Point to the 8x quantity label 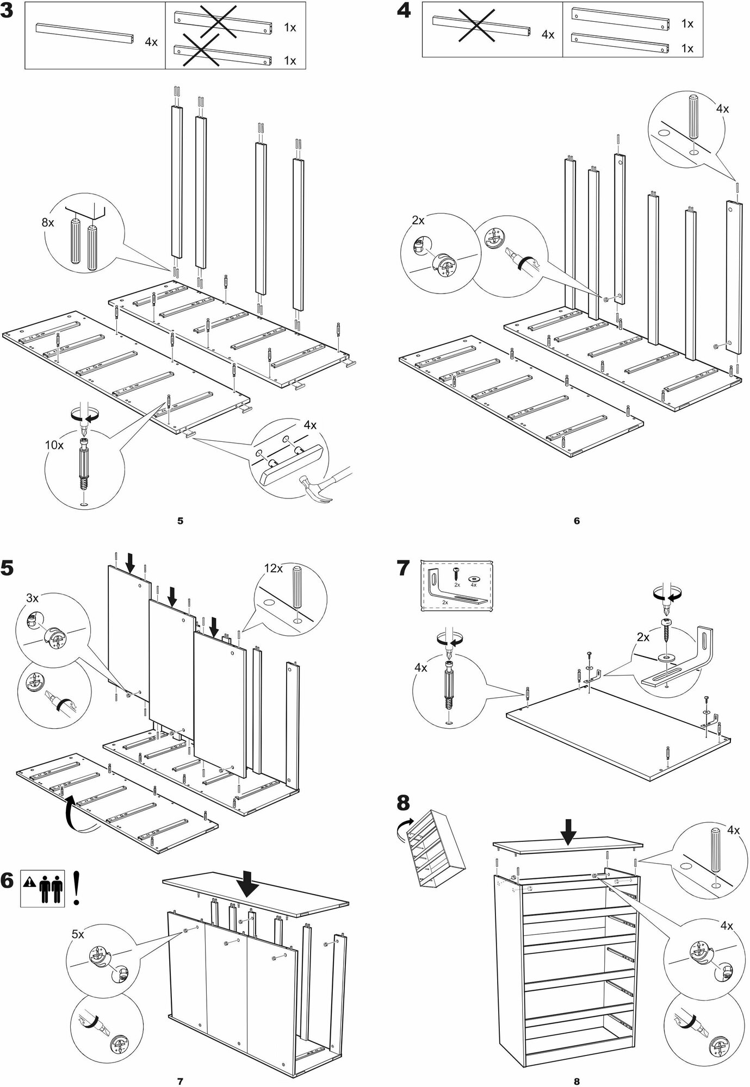pos(48,222)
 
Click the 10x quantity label pos(54,445)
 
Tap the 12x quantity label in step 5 pos(274,568)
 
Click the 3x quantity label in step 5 pos(33,598)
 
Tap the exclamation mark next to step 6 pos(76,895)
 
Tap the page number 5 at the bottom pos(180,521)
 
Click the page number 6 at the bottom pos(577,521)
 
